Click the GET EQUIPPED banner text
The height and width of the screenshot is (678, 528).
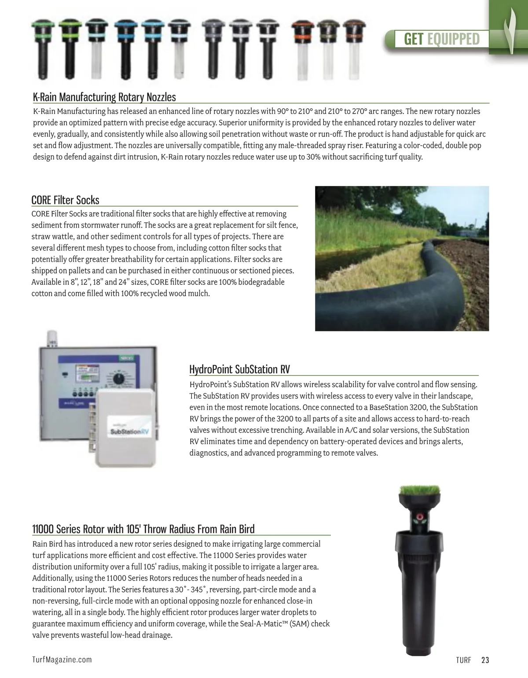pyautogui.click(x=441, y=39)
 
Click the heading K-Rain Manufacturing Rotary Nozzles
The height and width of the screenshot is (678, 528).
pyautogui.click(x=104, y=97)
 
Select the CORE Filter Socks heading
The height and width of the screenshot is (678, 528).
pyautogui.click(x=65, y=200)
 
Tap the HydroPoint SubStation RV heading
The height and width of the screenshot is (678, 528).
pyautogui.click(x=239, y=369)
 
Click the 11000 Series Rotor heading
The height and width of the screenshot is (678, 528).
pyautogui.click(x=143, y=529)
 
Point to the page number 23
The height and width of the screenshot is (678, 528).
pyautogui.click(x=485, y=660)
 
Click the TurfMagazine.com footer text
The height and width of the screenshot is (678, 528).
pyautogui.click(x=62, y=659)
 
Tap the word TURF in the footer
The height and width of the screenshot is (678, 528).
pyautogui.click(x=463, y=660)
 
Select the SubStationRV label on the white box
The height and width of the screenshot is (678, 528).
pyautogui.click(x=129, y=431)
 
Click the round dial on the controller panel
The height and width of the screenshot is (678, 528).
pyautogui.click(x=118, y=379)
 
